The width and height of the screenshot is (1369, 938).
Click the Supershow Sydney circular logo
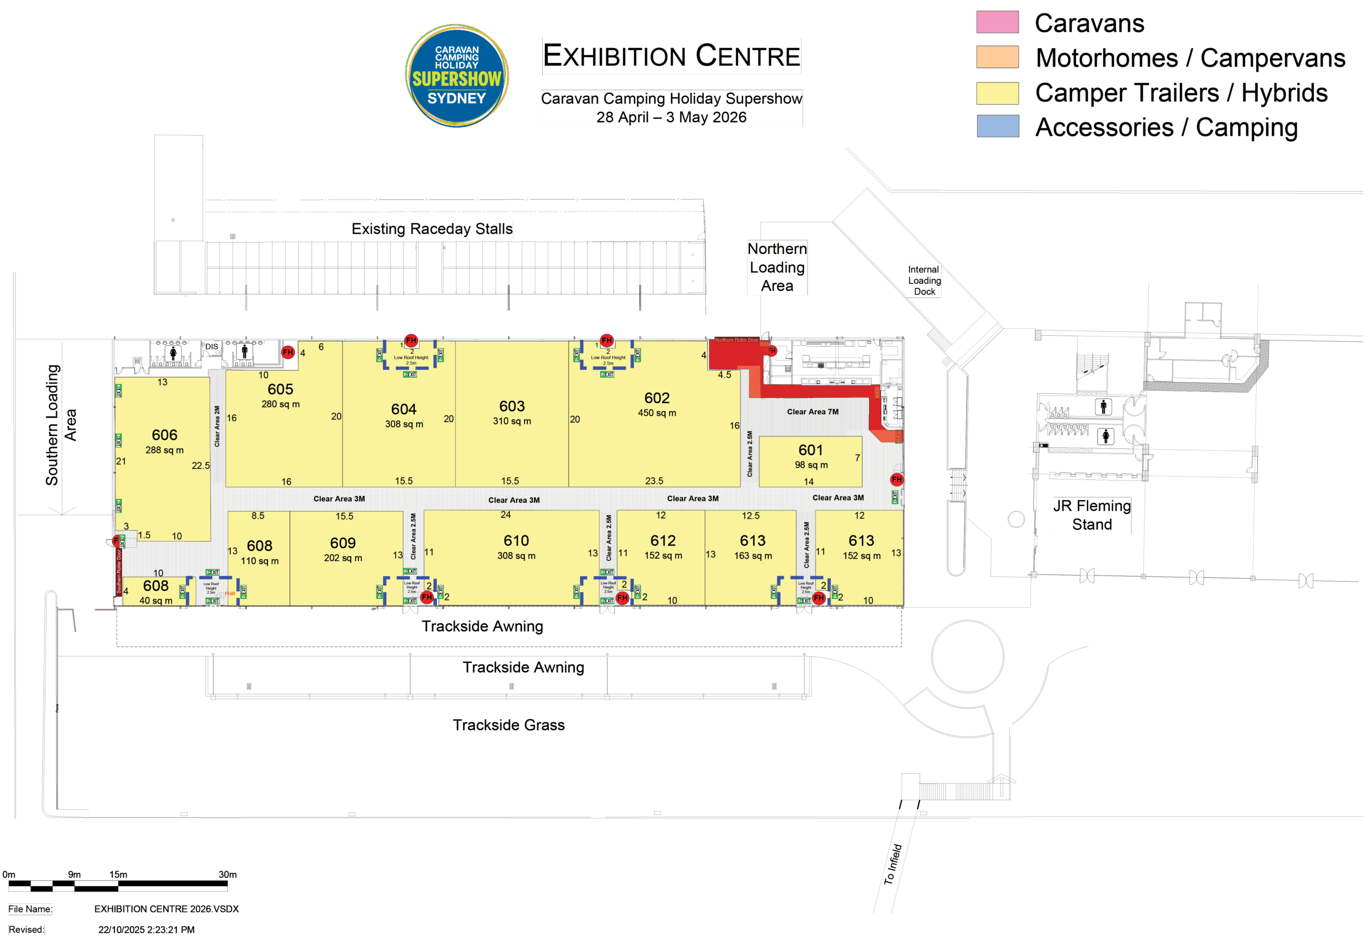click(457, 75)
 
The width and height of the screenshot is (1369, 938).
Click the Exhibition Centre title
click(672, 57)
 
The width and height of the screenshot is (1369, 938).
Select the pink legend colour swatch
click(997, 22)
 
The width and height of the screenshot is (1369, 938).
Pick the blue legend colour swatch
click(997, 126)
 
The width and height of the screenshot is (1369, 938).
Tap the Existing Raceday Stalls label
click(432, 229)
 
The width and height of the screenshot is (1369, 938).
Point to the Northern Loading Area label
click(777, 267)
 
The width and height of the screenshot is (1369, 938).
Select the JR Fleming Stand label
click(1091, 515)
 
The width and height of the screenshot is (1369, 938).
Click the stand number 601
click(811, 450)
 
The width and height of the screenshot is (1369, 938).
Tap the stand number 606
click(164, 435)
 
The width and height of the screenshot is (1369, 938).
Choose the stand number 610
click(516, 540)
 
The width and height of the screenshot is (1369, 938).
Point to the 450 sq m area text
click(657, 413)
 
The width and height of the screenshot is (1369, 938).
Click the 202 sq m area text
click(343, 557)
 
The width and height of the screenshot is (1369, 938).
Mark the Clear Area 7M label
click(812, 412)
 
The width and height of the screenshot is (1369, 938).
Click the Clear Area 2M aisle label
click(217, 426)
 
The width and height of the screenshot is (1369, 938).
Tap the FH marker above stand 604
click(411, 340)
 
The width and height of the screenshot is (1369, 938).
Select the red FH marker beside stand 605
click(288, 352)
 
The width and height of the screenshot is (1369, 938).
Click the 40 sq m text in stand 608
click(156, 601)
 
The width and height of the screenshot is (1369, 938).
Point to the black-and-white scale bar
click(118, 886)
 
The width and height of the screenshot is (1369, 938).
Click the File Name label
click(30, 909)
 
